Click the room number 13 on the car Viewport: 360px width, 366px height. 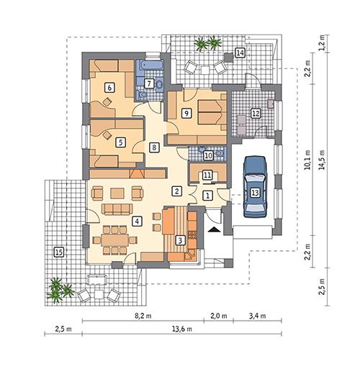click(x=255, y=193)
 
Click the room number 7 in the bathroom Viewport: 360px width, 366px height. click(x=148, y=83)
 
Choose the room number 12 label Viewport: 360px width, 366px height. click(x=254, y=113)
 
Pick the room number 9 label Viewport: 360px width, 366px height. click(x=186, y=113)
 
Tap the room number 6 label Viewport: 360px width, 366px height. click(x=109, y=87)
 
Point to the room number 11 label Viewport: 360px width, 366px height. click(x=207, y=175)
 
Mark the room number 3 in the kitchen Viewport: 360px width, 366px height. click(x=180, y=240)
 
